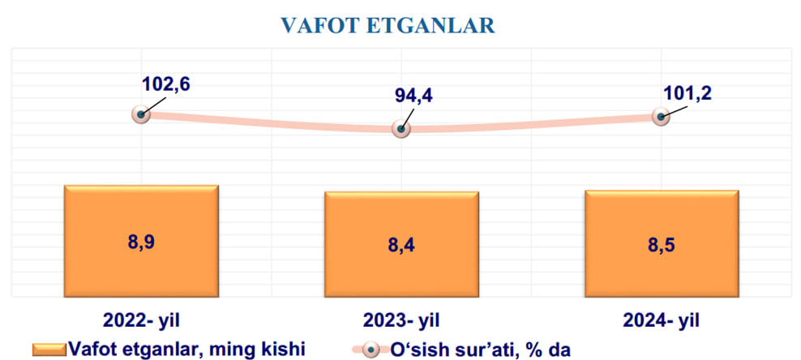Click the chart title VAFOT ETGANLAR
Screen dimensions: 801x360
[x=388, y=25]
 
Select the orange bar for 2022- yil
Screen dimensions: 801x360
[x=141, y=241]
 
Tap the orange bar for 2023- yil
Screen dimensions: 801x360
[x=401, y=244]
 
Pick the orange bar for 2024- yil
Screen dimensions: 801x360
[x=662, y=243]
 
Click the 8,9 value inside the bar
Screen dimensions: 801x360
[x=141, y=242]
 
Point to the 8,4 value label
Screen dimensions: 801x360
[x=401, y=246]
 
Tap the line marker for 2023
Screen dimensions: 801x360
[x=401, y=129]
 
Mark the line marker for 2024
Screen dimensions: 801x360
[x=661, y=117]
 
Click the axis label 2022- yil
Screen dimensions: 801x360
[x=142, y=320]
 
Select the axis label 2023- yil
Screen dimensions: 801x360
[x=401, y=320]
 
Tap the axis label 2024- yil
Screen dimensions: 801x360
[x=662, y=320]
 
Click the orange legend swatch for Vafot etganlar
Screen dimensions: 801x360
[x=49, y=349]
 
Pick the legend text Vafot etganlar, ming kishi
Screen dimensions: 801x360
[x=187, y=349]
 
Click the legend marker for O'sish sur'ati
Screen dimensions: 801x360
[x=371, y=350]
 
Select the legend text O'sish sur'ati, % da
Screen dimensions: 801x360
[x=480, y=349]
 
